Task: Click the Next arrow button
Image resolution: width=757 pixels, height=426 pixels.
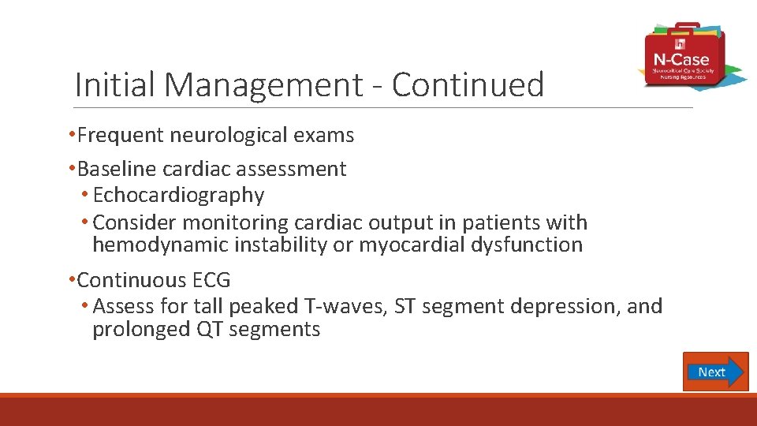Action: [715, 372]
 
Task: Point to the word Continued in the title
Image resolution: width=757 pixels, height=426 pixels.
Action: [468, 84]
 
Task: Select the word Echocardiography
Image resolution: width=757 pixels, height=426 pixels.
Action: [178, 195]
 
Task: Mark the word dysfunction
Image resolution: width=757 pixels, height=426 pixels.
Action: [524, 245]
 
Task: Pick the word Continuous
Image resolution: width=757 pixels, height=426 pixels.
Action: [131, 280]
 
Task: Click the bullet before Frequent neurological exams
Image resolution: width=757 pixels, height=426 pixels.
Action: [72, 136]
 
